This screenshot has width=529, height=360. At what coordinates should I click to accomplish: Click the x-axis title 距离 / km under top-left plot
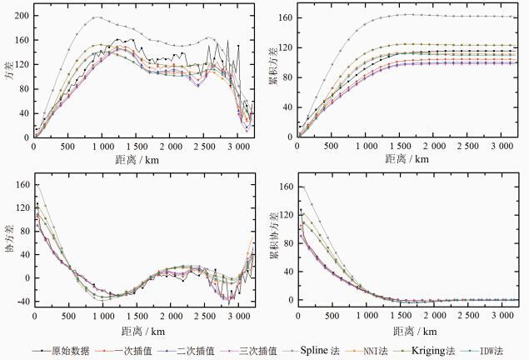click(145, 158)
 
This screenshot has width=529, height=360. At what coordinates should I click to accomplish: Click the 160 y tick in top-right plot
click(282, 17)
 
